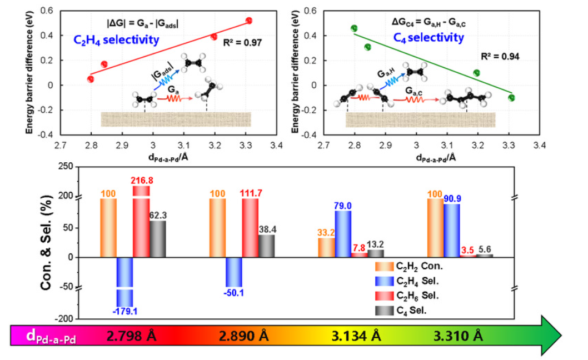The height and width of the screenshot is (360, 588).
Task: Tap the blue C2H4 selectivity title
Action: (117, 40)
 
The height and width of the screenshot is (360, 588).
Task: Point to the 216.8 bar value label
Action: (143, 181)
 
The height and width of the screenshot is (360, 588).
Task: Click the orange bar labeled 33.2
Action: (326, 247)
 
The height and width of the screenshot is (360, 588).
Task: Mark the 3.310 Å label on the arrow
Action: (459, 337)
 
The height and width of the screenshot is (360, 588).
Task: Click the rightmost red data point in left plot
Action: (248, 21)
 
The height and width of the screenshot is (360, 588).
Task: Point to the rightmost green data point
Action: (511, 98)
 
